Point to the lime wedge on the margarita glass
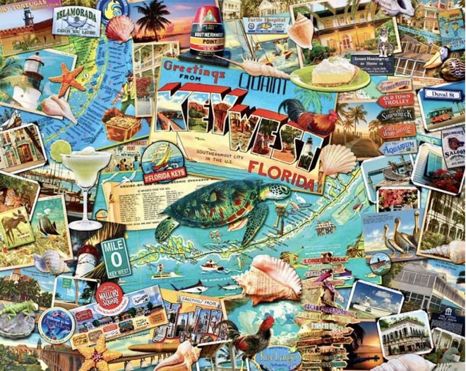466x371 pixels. pos(60,151)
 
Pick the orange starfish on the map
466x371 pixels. pos(68,79)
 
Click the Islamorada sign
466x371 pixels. pos(76,21)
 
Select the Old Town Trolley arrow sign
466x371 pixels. pos(396,99)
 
